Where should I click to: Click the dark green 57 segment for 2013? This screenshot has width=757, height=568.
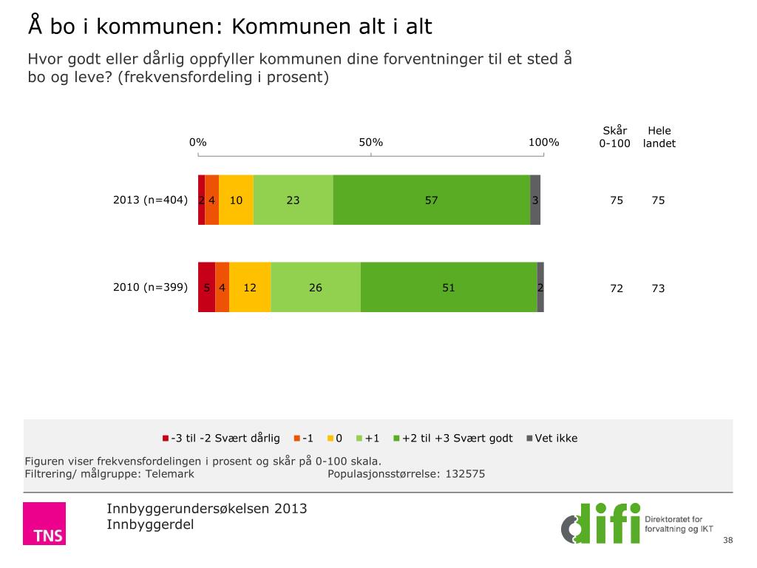(x=432, y=200)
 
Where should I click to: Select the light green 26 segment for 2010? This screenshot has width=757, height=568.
(x=316, y=287)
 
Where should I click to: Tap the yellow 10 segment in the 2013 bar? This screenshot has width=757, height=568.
(x=236, y=200)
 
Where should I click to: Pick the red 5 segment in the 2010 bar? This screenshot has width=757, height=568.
(x=206, y=287)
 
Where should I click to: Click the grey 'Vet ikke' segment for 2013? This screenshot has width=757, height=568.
(x=535, y=200)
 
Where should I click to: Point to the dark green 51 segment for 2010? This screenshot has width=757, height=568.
(x=449, y=287)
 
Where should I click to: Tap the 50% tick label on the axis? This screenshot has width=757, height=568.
(x=371, y=143)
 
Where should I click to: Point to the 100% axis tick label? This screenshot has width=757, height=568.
(x=543, y=143)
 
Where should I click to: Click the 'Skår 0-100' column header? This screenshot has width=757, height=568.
(x=614, y=138)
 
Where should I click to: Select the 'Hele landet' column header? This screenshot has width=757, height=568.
(x=659, y=138)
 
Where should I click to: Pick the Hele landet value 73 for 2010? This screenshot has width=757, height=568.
(x=658, y=288)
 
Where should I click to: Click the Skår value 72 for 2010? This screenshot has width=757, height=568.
(x=617, y=288)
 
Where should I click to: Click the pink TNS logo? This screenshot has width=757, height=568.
(x=44, y=524)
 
